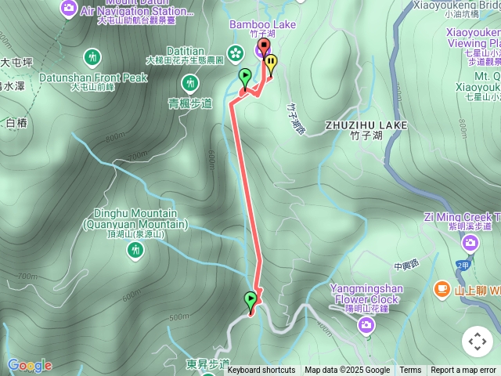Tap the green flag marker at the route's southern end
250,300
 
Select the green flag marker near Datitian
245,77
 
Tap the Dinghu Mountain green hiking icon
137,250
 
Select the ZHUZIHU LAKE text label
366,125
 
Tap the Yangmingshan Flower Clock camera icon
366,324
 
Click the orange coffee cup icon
442,290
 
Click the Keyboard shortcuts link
261,370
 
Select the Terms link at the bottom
410,370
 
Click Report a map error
463,370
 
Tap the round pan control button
478,342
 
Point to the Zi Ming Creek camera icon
470,243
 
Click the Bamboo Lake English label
262,24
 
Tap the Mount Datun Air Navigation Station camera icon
69,8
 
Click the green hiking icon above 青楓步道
189,82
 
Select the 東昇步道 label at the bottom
208,364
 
